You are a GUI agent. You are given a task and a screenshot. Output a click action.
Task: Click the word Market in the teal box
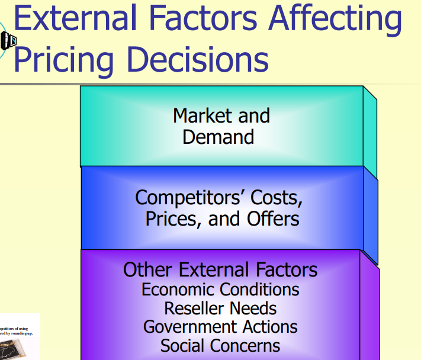point(200,115)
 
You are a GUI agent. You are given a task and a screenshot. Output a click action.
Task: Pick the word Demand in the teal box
point(218,137)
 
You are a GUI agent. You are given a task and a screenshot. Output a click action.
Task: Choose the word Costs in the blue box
point(274,197)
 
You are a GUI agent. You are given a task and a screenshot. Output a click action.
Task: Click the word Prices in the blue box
point(175,218)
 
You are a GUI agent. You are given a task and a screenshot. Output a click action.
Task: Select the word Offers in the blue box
point(274,218)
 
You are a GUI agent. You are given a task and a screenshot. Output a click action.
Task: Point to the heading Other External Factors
point(220,270)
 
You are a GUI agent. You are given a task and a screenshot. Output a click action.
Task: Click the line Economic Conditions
point(220,290)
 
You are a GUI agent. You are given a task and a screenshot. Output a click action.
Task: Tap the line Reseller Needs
point(220,308)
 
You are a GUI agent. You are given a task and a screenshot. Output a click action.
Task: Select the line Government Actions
point(220,327)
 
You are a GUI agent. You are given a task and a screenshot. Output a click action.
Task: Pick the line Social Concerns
point(220,345)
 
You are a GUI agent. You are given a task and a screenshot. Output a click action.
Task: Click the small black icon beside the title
point(8,40)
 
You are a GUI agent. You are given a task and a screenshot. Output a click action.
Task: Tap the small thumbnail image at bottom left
point(19,337)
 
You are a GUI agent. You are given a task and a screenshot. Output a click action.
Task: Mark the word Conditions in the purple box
point(260,290)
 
